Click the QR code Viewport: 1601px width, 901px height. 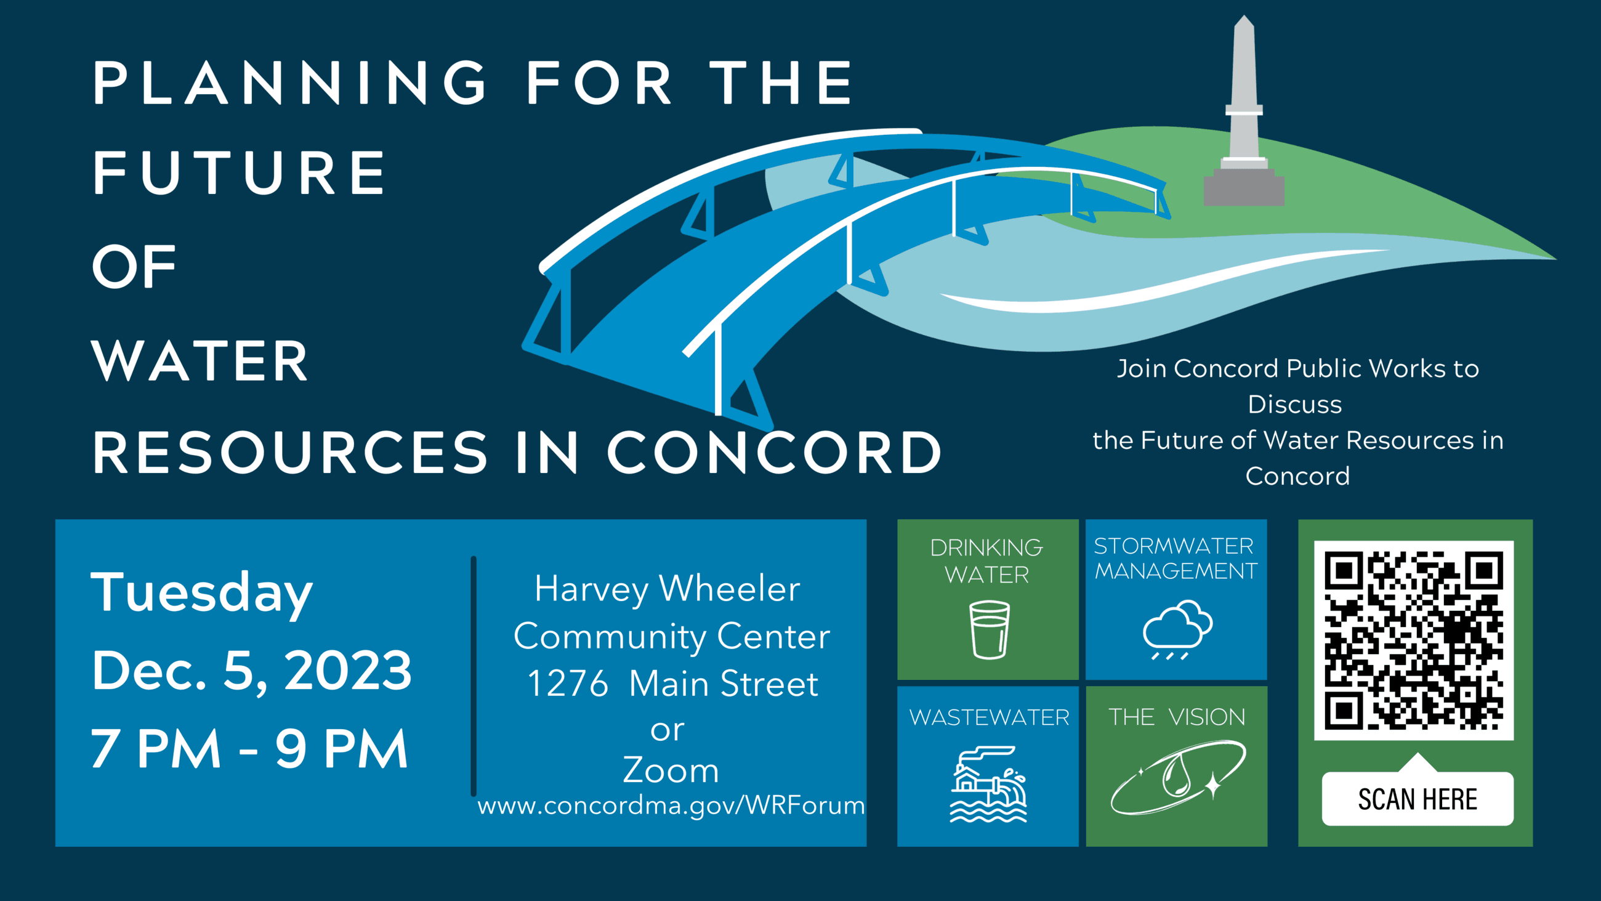tap(1413, 640)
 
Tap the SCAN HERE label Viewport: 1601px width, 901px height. tap(1417, 799)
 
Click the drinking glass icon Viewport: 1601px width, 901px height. tap(990, 629)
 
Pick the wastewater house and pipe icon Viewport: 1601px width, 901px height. tap(988, 785)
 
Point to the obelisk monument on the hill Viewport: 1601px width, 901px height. tap(1244, 93)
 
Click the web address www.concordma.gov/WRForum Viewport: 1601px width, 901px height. tap(671, 806)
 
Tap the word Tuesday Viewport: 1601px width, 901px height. tap(202, 592)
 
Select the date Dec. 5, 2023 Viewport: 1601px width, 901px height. tap(252, 670)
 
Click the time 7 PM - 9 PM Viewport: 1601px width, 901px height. tap(249, 749)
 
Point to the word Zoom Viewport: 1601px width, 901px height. tap(671, 770)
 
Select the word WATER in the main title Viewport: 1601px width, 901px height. tap(200, 362)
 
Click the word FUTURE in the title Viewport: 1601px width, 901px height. tap(240, 174)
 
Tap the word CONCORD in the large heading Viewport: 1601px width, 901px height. tap(774, 453)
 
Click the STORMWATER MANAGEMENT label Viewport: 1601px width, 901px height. tap(1176, 559)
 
